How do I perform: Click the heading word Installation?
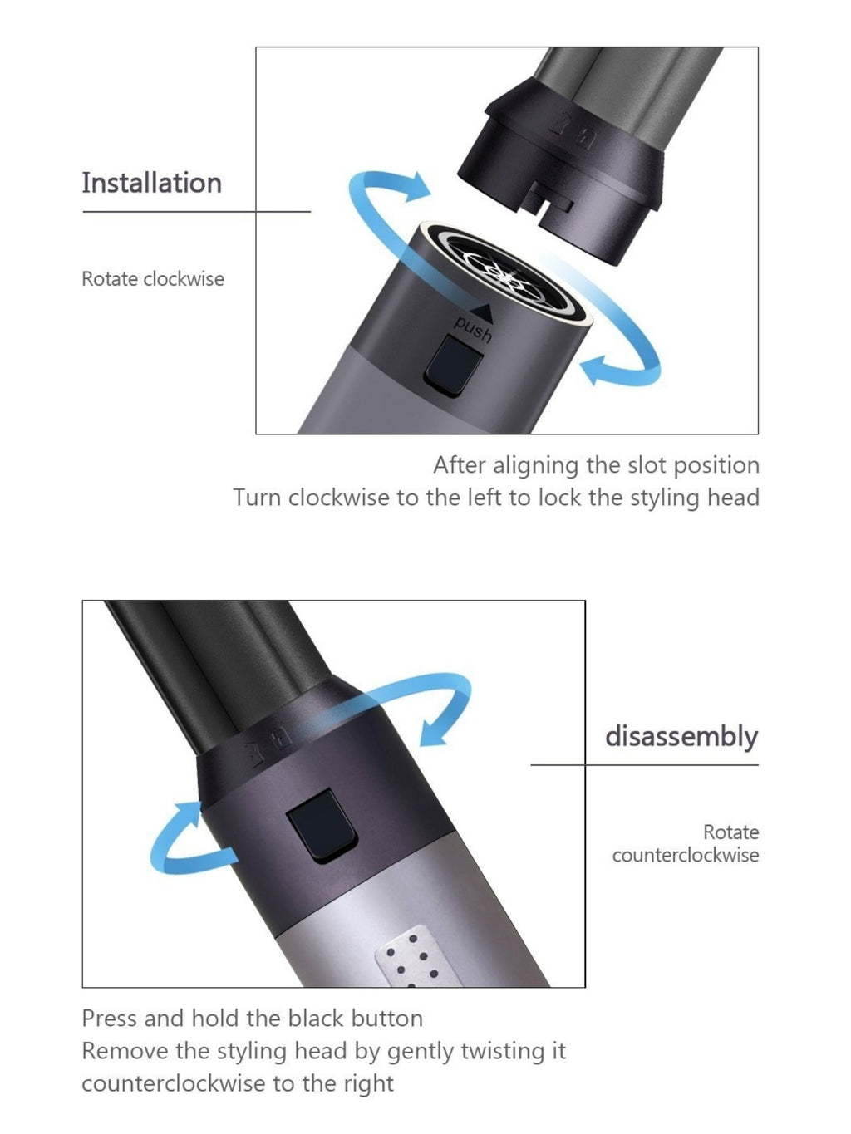pos(152,183)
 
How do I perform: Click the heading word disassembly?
pos(681,737)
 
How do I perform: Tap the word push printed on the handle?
pos(472,329)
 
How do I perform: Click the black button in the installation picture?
pos(453,366)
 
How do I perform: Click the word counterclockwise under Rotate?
pos(686,856)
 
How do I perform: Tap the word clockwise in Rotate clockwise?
pos(184,279)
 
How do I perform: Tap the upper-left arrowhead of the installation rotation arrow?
pos(416,186)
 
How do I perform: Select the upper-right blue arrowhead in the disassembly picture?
pos(433,731)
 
